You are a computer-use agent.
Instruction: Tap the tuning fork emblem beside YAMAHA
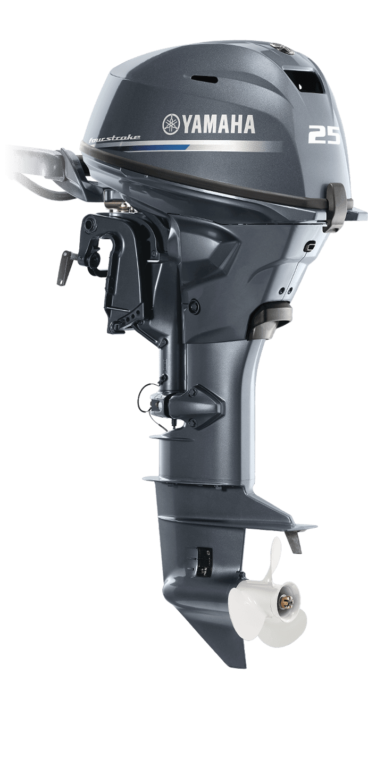coord(171,123)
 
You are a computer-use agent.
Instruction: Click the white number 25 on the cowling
coord(324,135)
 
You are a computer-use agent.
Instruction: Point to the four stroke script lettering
coord(114,139)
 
